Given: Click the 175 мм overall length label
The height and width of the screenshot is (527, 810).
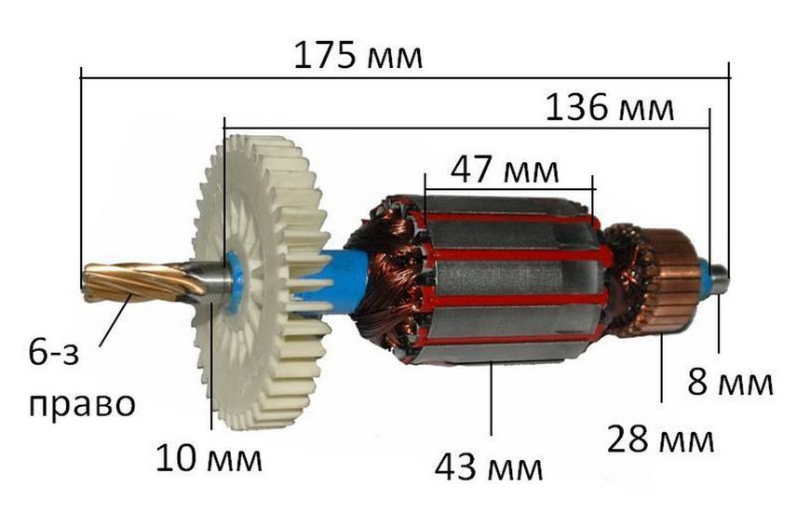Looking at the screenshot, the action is pos(358,56).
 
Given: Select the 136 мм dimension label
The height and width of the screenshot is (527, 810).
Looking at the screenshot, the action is pos(610,108).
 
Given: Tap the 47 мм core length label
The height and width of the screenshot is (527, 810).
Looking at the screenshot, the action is pos(505,170).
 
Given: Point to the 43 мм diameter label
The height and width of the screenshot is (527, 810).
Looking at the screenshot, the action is pos(489,468).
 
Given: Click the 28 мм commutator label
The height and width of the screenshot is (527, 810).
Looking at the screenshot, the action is pos(661,439).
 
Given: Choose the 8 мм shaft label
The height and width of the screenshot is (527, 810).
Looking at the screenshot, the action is pos(730,383).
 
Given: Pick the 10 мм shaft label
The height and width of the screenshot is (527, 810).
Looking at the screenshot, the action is pos(209,459).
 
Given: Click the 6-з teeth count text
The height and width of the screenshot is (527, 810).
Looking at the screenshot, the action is pos(54,355).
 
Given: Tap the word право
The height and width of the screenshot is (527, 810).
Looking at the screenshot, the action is pos(82,404).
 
